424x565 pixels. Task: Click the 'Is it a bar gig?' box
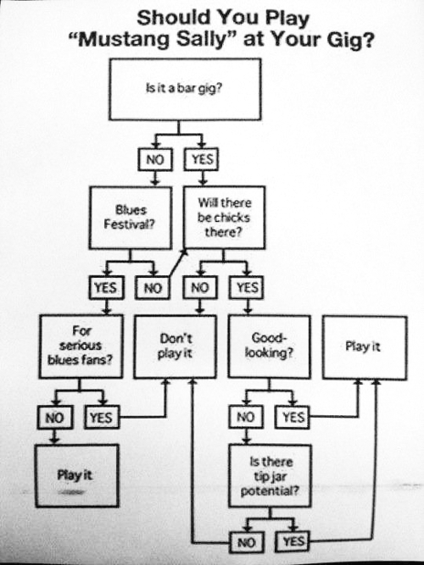click(185, 89)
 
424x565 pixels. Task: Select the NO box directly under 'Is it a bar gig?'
click(155, 159)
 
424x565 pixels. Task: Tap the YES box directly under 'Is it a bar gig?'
click(201, 159)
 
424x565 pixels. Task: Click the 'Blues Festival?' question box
click(131, 218)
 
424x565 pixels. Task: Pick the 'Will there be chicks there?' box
click(224, 218)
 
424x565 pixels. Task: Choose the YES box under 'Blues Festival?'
click(107, 287)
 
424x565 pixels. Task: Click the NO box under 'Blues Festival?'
click(153, 287)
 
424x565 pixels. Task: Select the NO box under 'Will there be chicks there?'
click(200, 287)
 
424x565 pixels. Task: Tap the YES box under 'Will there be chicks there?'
click(247, 287)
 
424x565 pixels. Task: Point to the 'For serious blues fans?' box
click(81, 346)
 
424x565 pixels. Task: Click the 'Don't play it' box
click(176, 346)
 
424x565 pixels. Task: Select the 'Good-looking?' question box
click(269, 346)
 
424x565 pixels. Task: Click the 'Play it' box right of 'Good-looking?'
click(365, 347)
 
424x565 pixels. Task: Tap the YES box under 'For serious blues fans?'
click(102, 417)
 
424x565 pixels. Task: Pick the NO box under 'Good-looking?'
click(246, 417)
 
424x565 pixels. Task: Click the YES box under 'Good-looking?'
click(293, 417)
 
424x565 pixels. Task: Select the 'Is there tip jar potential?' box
click(270, 476)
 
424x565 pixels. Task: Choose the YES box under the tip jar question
click(293, 541)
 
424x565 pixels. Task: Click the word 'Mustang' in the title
click(124, 40)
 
